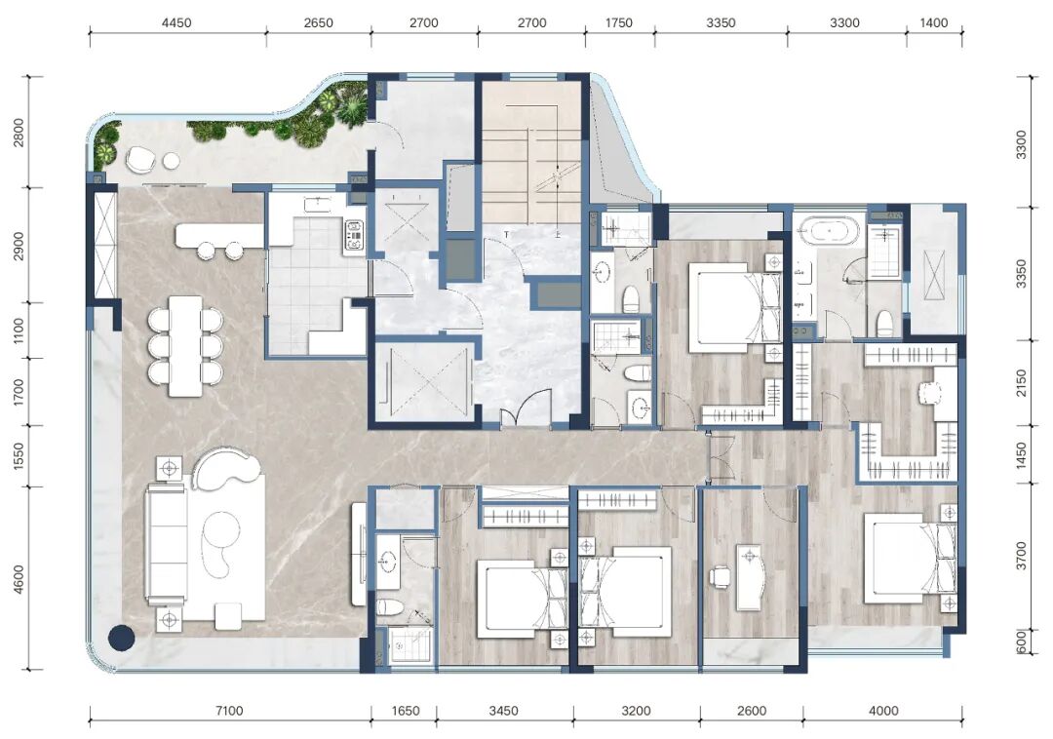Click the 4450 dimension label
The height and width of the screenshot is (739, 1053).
(176, 22)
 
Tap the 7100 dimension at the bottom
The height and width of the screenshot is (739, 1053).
(229, 711)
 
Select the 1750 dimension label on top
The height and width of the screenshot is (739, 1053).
(618, 22)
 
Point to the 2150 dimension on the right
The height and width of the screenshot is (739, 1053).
(1022, 382)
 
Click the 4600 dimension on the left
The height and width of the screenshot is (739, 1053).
(19, 578)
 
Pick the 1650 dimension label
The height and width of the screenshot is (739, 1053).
(405, 711)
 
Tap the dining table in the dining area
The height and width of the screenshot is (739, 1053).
(185, 346)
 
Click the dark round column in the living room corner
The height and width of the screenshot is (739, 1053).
(122, 638)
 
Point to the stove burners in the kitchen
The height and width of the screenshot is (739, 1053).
(354, 235)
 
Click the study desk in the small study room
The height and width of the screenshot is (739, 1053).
(751, 577)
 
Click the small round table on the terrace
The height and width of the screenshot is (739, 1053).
(172, 161)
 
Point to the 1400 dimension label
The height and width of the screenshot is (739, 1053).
(933, 22)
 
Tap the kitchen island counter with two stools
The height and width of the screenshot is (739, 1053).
(219, 234)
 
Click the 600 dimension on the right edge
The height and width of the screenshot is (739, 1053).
(1022, 642)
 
